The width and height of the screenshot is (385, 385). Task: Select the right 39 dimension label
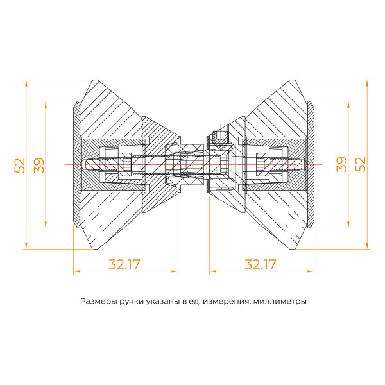pos(342,164)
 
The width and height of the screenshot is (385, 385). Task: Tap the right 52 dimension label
pos(361,164)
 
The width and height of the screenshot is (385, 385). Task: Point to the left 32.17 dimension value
pos(124,264)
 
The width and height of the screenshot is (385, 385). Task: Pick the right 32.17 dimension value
pos(261,264)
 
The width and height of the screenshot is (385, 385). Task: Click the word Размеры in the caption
pos(99,300)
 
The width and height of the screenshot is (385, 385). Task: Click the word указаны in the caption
pos(164,300)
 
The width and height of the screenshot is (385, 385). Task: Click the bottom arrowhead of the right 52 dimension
pos(367,246)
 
